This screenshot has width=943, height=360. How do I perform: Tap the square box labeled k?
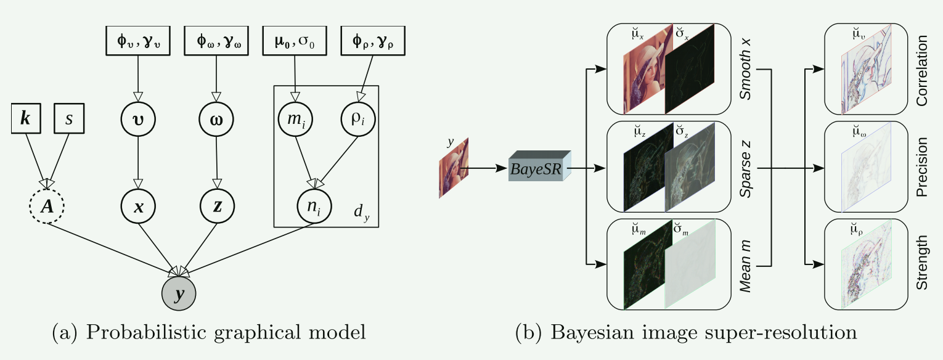(25, 119)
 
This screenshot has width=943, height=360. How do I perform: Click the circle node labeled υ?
(138, 119)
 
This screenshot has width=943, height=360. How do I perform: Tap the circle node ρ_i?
(357, 119)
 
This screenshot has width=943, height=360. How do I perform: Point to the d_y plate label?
(361, 213)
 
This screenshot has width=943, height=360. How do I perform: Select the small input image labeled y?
(454, 168)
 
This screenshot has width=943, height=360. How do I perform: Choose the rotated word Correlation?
(922, 70)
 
